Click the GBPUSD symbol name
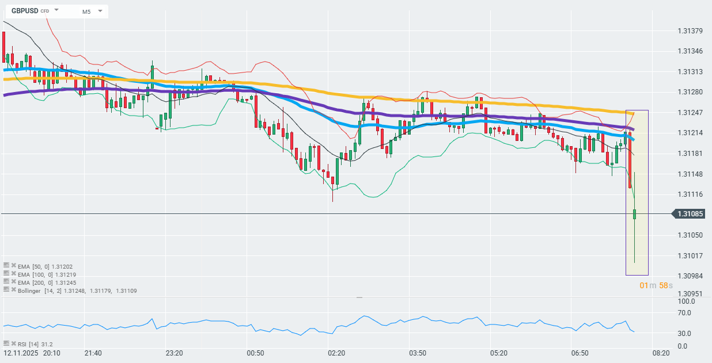(25, 11)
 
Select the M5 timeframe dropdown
(92, 12)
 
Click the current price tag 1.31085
(692, 214)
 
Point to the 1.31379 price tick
(690, 30)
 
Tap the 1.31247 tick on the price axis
(690, 112)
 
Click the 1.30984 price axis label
(690, 276)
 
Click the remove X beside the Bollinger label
(13, 291)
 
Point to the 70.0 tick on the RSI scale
(686, 313)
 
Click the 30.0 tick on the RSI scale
(686, 334)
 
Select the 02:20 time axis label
(336, 353)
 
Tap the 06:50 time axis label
(580, 353)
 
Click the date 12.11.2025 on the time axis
(21, 353)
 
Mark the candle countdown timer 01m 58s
(656, 286)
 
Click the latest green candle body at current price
(634, 214)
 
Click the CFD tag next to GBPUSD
(45, 12)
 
